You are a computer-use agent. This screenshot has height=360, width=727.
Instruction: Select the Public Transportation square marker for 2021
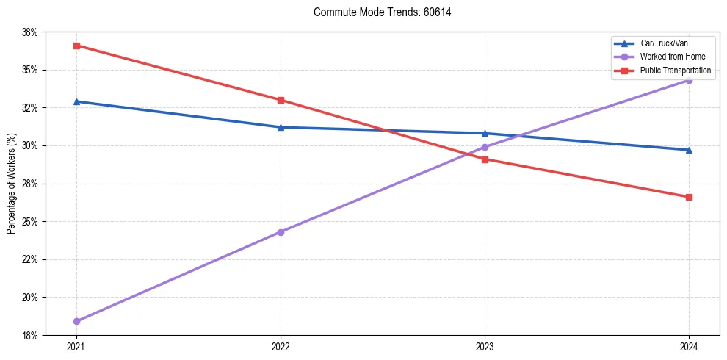pos(76,46)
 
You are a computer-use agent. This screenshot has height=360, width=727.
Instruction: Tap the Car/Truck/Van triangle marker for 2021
pos(76,101)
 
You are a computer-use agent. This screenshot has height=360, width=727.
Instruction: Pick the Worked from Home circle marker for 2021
pos(76,321)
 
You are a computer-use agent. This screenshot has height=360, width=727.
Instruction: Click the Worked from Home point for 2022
pos(281,232)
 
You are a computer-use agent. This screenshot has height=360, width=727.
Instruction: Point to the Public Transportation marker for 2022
pos(281,100)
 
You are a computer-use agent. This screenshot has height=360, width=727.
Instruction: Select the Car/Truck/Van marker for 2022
pos(281,127)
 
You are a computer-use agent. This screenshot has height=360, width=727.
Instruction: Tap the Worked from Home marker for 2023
pos(485,147)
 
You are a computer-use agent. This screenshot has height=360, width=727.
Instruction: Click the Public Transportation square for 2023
pos(485,159)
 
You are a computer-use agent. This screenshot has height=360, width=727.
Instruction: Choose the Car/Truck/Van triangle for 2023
pos(485,133)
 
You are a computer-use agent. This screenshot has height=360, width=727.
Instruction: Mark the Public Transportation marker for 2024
pos(689,197)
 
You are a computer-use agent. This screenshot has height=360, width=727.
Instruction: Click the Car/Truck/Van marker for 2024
pos(689,150)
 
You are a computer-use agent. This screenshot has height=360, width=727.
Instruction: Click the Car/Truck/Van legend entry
pos(664,43)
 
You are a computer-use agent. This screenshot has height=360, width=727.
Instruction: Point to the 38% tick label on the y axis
pos(29,32)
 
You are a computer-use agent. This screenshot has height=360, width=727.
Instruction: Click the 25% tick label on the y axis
pos(29,222)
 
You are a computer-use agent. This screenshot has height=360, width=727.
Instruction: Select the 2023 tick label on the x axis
pos(485,345)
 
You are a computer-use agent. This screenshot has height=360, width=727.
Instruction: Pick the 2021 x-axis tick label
pos(76,345)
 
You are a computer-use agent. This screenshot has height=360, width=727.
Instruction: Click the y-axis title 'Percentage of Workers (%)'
pos(11,184)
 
